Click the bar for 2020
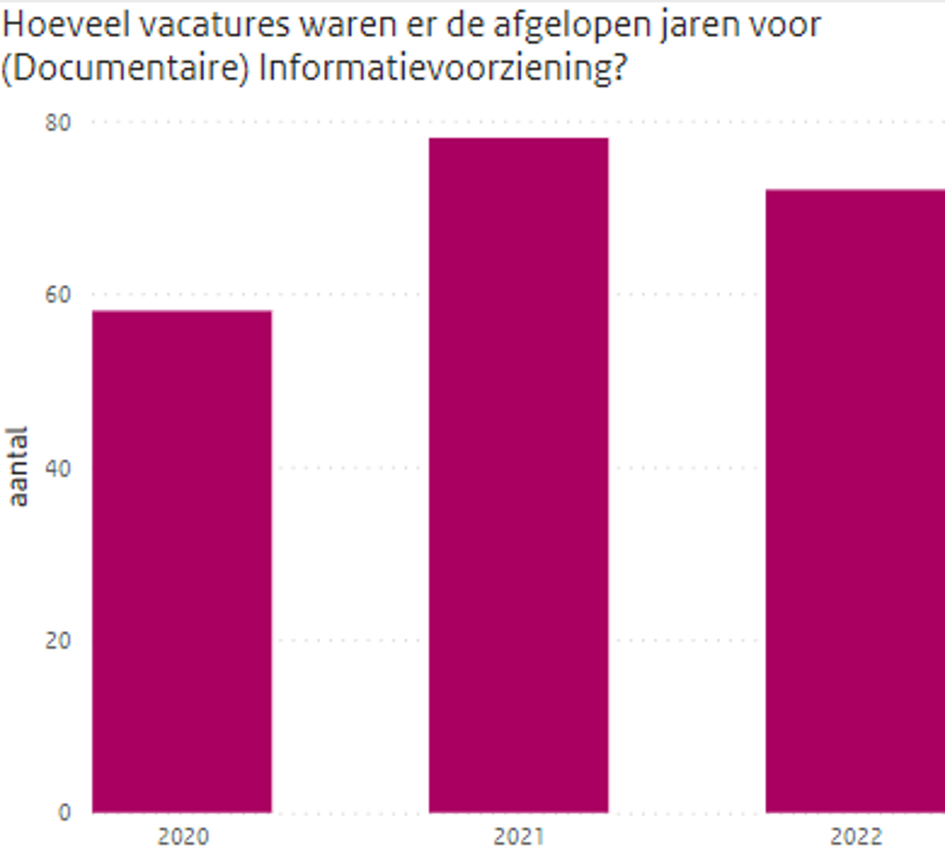pyautogui.click(x=182, y=561)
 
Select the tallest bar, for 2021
pyautogui.click(x=518, y=474)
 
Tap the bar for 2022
pyautogui.click(x=855, y=500)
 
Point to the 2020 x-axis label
pyautogui.click(x=182, y=836)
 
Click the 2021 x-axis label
pyautogui.click(x=518, y=836)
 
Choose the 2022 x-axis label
pyautogui.click(x=856, y=836)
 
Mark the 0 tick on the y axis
pyautogui.click(x=64, y=812)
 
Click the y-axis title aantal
pyautogui.click(x=19, y=466)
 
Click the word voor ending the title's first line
pyautogui.click(x=786, y=24)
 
